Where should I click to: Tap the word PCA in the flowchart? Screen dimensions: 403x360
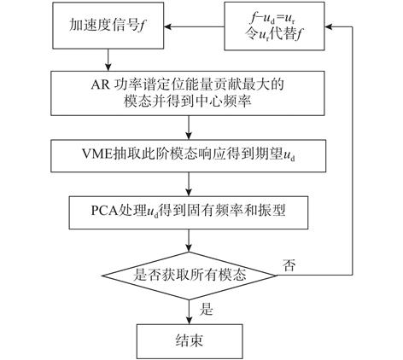105,211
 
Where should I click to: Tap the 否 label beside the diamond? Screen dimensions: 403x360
289,264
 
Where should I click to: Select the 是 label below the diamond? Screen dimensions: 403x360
206,309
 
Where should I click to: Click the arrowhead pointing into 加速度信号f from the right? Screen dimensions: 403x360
167,27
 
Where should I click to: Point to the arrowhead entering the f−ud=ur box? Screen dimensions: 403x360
328,27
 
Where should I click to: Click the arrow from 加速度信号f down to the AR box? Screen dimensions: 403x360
108,60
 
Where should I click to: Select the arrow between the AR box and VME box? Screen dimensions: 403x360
189,127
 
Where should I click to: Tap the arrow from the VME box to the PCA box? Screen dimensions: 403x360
189,184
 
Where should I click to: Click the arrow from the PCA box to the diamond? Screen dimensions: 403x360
189,241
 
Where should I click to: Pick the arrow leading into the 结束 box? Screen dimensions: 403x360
189,311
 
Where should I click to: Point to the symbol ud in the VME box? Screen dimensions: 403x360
289,156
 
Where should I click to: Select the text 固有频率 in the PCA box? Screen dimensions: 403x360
208,211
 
